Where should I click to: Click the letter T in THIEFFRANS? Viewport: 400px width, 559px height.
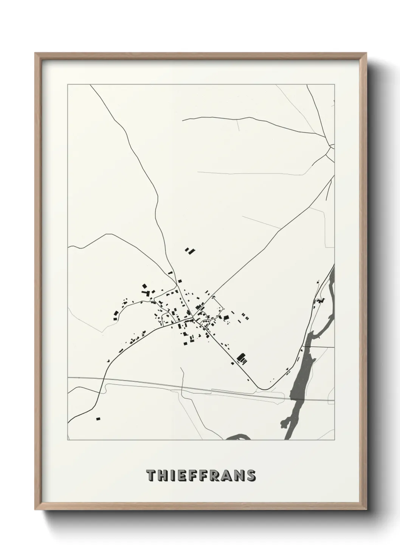pos(151,475)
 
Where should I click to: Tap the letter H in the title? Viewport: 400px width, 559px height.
pos(163,475)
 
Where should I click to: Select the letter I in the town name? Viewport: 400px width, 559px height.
pos(173,475)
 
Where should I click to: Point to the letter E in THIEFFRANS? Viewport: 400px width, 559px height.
pos(182,475)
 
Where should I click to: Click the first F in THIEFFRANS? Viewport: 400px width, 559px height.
pos(193,475)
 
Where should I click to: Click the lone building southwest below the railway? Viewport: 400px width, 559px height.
pos(98,418)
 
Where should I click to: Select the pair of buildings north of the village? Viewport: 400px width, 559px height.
pos(189,250)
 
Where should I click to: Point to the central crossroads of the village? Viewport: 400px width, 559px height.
pos(193,317)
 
